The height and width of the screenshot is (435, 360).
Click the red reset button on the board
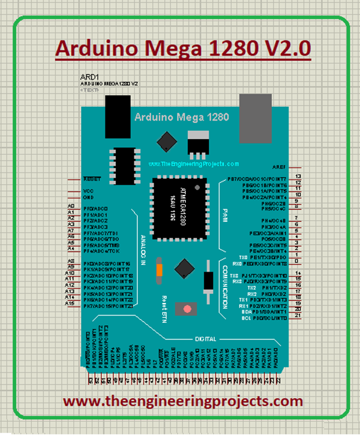tap(187, 308)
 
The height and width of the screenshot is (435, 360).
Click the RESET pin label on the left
tap(91, 179)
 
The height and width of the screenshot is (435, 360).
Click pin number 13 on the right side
tap(298, 177)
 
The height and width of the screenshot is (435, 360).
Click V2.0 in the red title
tap(282, 48)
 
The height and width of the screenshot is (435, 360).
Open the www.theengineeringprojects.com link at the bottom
tap(183, 401)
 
